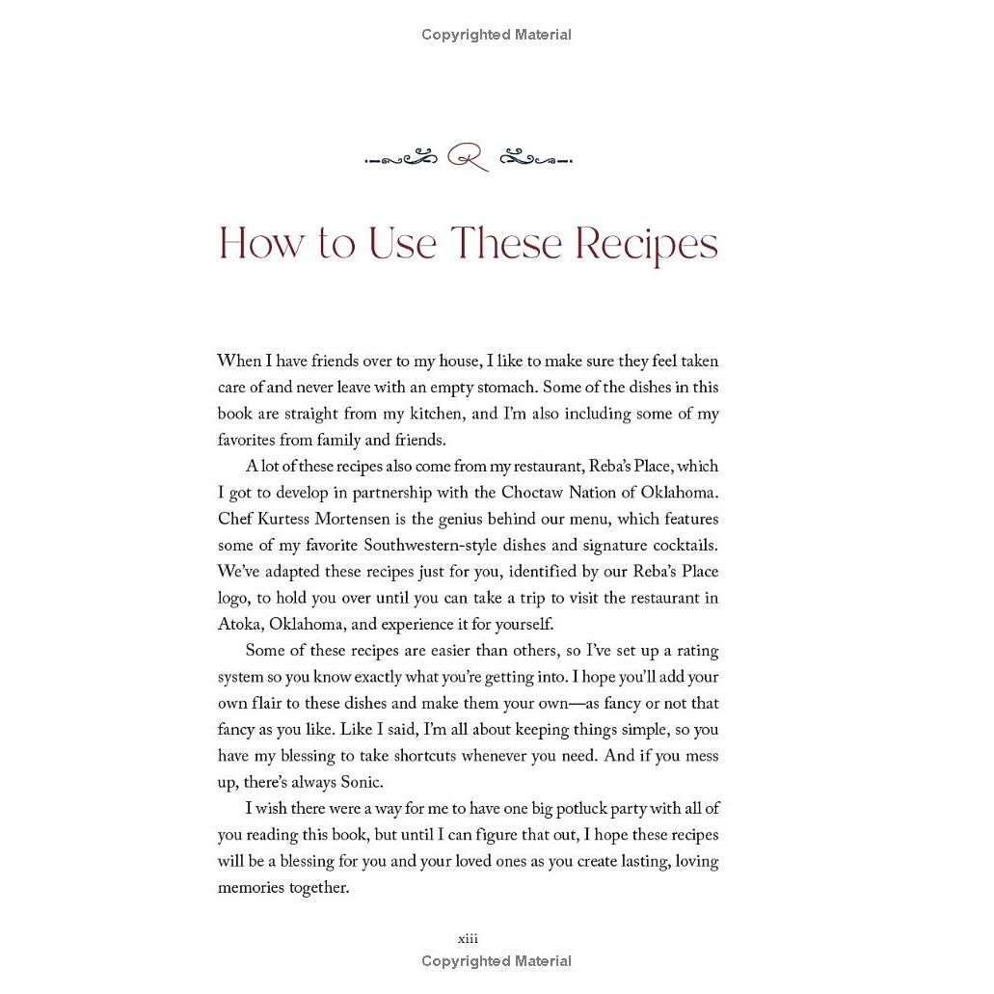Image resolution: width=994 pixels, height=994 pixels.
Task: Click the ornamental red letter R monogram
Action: (x=468, y=157)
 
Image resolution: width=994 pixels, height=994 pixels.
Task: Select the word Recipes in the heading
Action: (x=646, y=245)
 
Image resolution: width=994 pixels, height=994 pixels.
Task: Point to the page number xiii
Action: (x=468, y=938)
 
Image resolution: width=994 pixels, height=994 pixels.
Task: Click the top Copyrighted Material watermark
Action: (x=497, y=35)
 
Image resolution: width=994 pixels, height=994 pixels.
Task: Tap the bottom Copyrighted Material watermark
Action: (x=497, y=961)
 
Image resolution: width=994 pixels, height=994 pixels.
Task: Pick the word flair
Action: (x=276, y=703)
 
